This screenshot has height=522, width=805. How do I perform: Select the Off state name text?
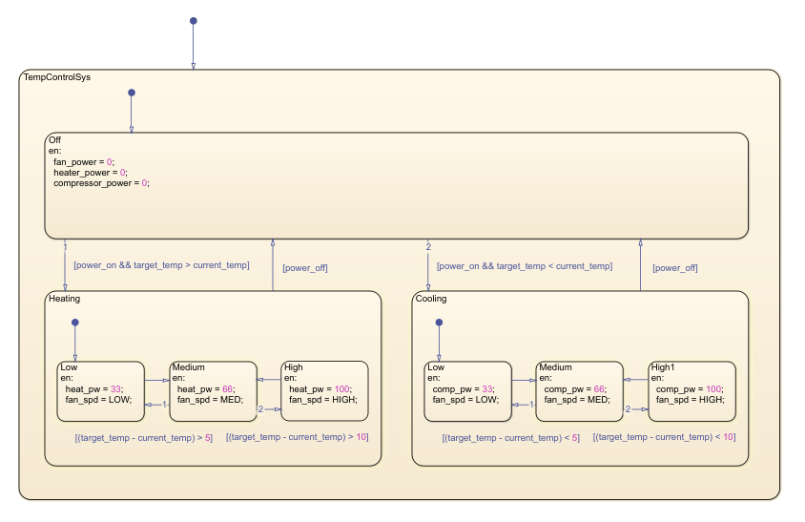point(54,140)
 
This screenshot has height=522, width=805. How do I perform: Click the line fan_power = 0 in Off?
point(83,161)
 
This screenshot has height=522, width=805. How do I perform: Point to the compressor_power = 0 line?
point(101,182)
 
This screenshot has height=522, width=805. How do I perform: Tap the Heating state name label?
point(65,299)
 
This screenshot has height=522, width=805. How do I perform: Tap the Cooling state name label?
point(431,299)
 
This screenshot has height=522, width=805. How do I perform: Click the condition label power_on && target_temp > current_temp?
point(161,265)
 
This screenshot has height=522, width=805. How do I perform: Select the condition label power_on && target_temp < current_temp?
point(524,266)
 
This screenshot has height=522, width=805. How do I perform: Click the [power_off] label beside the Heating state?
point(305,268)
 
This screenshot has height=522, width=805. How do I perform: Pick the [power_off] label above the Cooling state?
point(674,268)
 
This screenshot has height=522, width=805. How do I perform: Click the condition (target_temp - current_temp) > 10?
point(297,437)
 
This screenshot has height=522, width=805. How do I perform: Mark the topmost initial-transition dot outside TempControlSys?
point(193,20)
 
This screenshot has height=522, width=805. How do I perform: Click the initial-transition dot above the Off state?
point(132,93)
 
